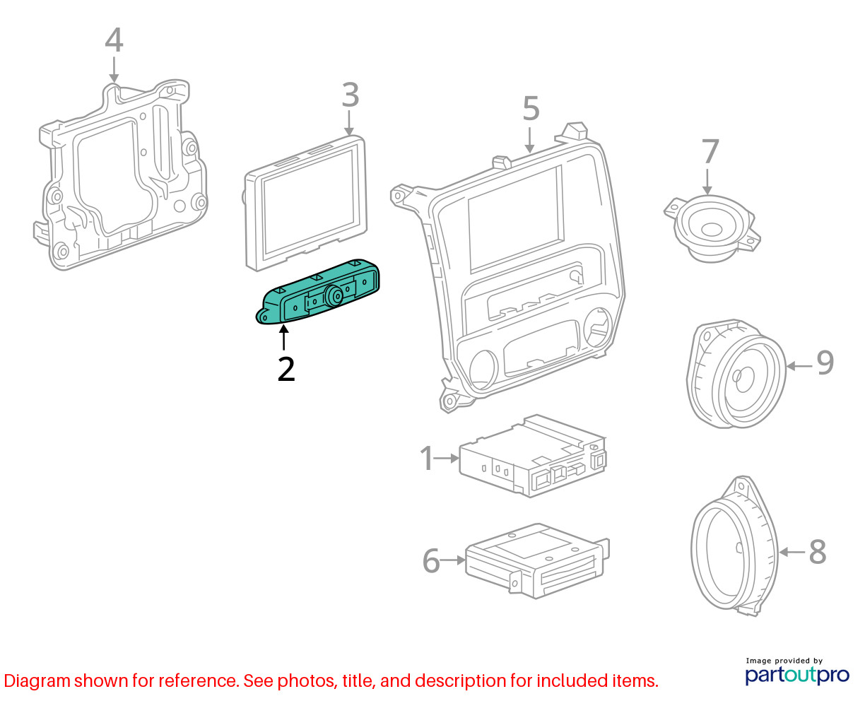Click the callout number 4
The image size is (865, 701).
click(x=114, y=40)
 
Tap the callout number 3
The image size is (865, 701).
click(x=350, y=95)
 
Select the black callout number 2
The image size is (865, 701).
click(x=286, y=369)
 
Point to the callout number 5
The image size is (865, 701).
click(x=531, y=108)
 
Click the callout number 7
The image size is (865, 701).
click(x=710, y=151)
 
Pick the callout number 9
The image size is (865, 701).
click(x=825, y=363)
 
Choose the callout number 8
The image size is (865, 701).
click(x=818, y=551)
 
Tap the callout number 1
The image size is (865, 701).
click(x=427, y=458)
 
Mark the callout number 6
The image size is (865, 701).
click(x=431, y=560)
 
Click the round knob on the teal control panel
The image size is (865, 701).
click(x=336, y=296)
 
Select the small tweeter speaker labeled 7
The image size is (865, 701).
click(x=712, y=229)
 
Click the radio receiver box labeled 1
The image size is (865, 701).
click(x=532, y=456)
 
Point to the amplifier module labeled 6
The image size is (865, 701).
click(x=537, y=561)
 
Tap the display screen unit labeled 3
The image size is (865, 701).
click(x=306, y=203)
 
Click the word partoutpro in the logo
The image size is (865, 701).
click(x=797, y=675)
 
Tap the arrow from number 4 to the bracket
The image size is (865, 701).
click(x=114, y=69)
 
